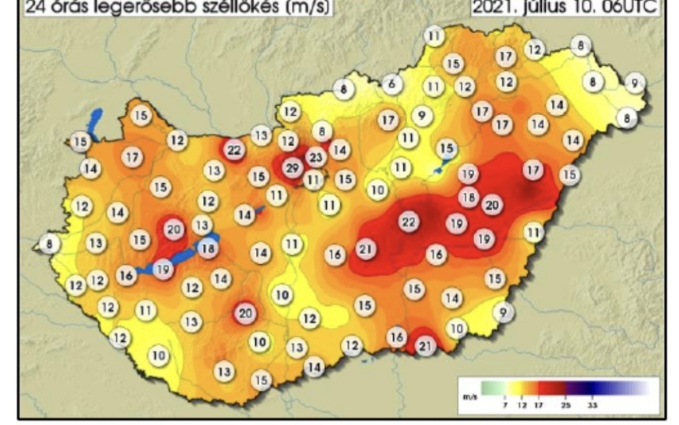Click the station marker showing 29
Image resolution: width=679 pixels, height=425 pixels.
coord(291,168)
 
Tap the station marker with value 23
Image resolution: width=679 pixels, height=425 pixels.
coord(316,158)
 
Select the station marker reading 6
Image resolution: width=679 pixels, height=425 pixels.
coord(392,84)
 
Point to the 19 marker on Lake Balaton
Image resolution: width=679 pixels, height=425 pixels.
coord(163,269)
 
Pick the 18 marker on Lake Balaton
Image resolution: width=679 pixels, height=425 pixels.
coord(208,249)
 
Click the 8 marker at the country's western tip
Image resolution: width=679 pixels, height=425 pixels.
coord(48,244)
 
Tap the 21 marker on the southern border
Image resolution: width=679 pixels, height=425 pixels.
coord(425,346)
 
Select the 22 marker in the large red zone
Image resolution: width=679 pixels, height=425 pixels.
coord(408,222)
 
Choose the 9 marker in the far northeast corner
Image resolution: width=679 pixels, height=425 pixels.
coord(635,83)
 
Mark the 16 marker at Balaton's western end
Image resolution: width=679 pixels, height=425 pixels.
coord(127,275)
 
